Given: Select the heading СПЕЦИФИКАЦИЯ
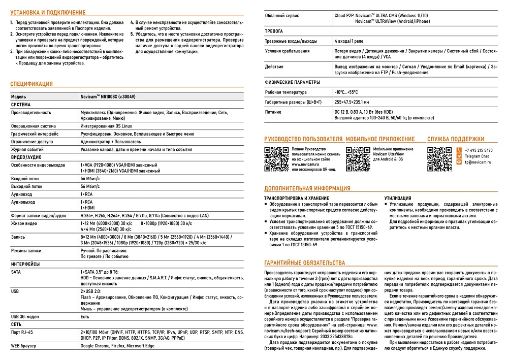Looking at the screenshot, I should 31,84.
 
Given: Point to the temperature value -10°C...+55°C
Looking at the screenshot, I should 346,92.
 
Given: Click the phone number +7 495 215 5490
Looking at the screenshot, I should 478,150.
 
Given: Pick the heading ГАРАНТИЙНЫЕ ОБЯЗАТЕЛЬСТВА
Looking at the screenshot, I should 304,263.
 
